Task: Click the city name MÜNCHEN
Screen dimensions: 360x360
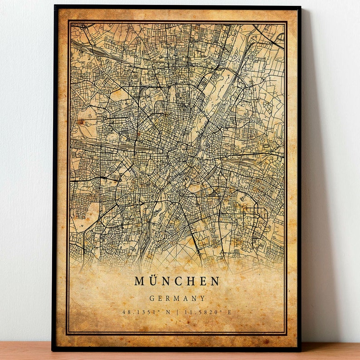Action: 177,281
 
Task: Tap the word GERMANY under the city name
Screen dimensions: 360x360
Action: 177,298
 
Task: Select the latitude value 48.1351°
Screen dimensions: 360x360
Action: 139,312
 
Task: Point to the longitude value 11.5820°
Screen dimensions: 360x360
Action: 206,312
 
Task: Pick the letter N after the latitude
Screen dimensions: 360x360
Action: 168,312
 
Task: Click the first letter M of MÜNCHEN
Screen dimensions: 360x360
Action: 140,281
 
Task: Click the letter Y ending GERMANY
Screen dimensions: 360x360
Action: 203,298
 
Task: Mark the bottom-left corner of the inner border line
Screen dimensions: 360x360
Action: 68,334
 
